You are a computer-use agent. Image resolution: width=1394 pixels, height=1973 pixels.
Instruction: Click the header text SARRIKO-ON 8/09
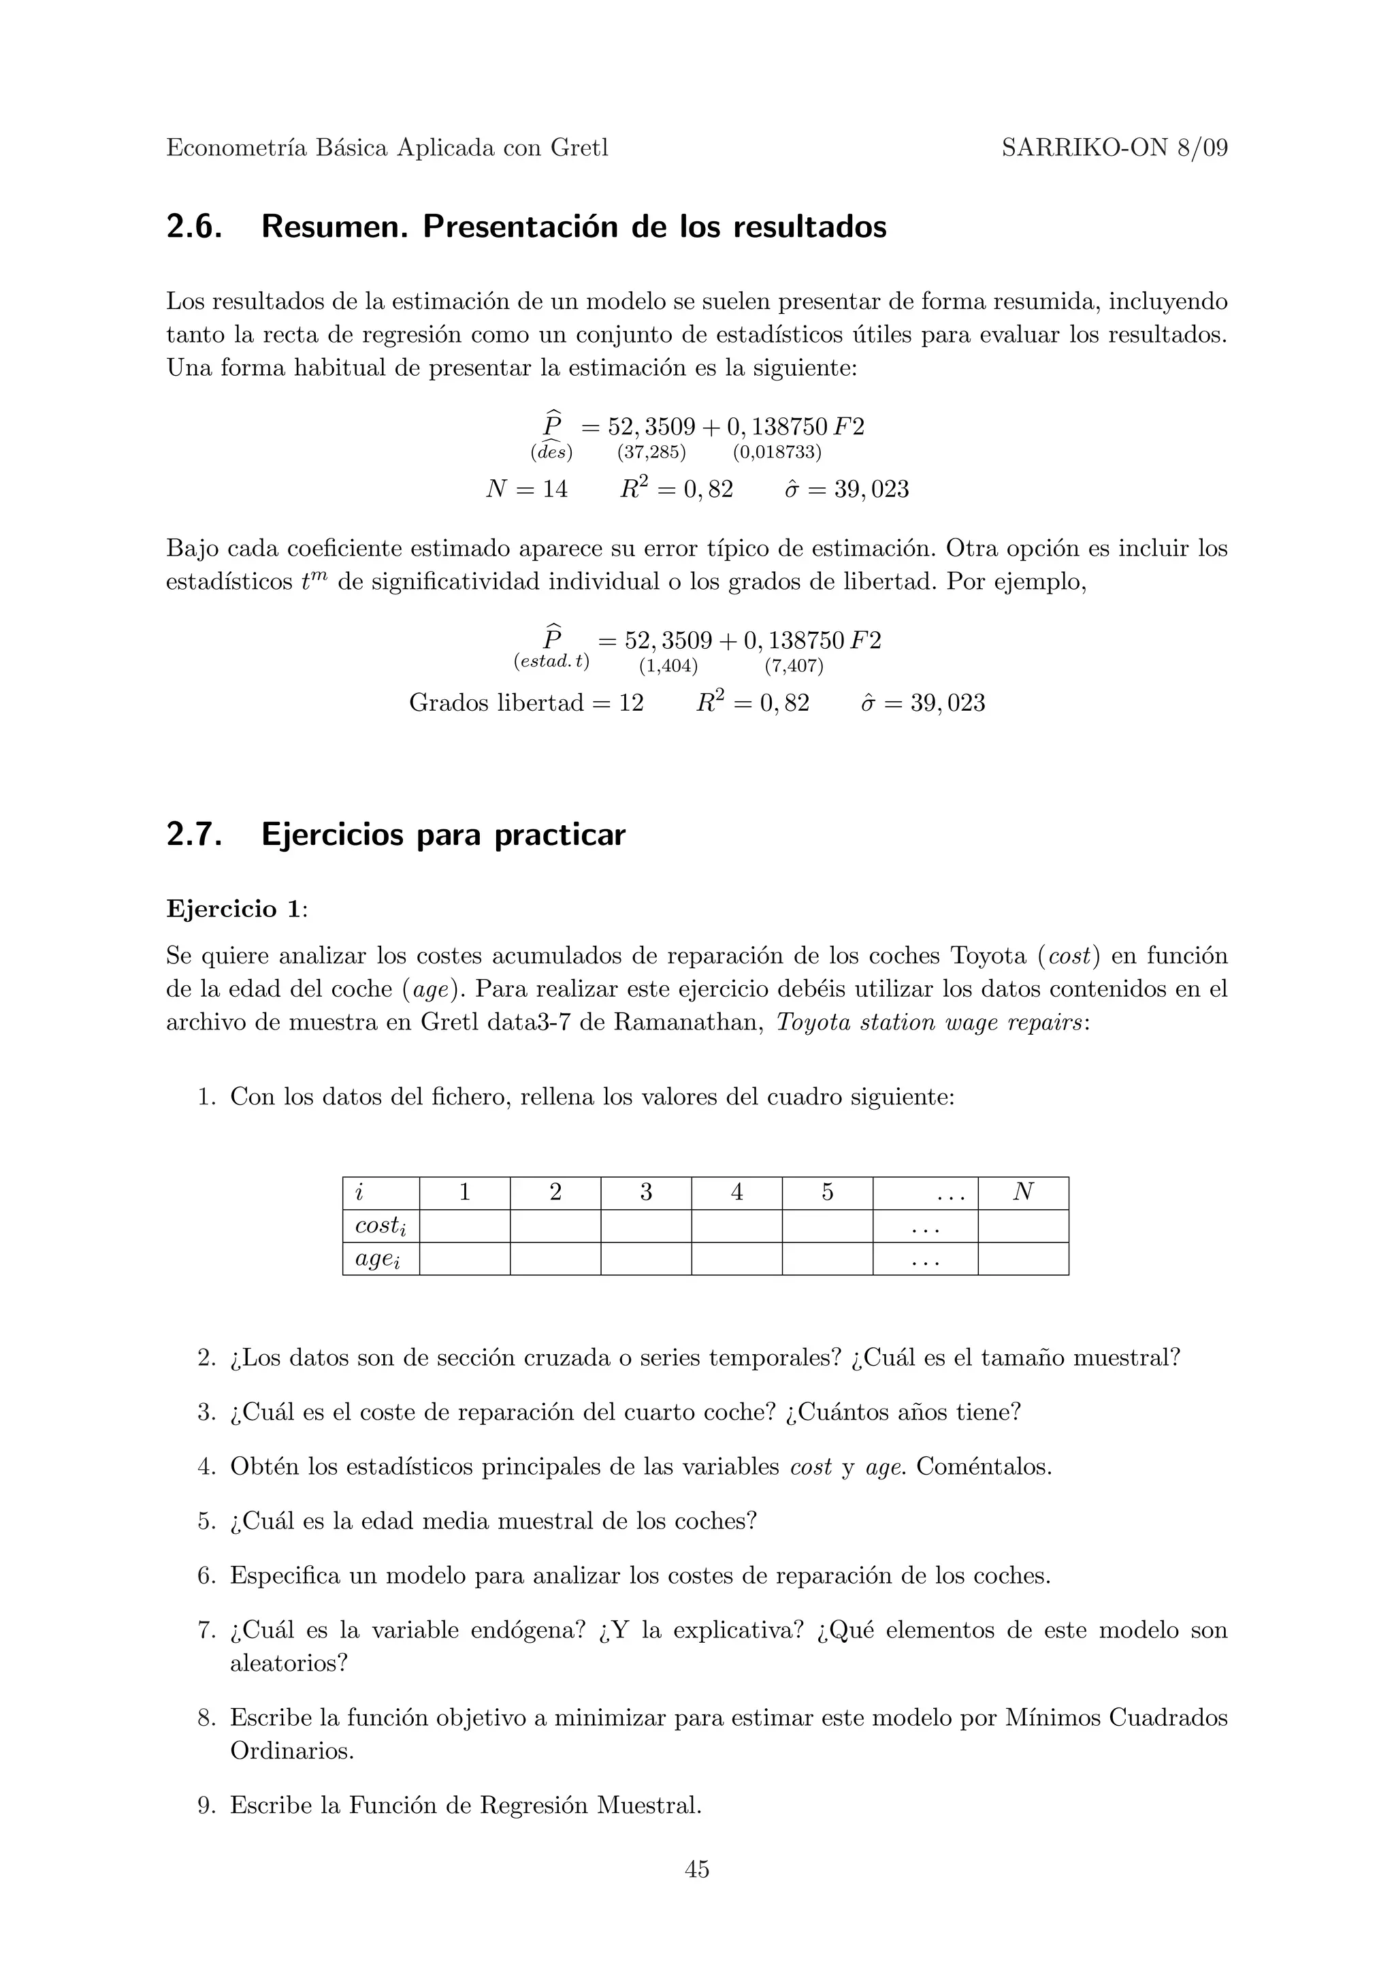(1114, 148)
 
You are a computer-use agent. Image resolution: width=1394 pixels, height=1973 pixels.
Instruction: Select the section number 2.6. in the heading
(194, 227)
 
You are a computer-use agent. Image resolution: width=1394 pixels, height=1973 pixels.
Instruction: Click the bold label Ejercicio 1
(233, 908)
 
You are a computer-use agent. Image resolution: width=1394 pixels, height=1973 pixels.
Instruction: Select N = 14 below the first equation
(527, 490)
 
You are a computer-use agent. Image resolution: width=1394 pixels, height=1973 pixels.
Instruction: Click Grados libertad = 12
(525, 703)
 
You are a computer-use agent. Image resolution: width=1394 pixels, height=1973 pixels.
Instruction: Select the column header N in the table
(1022, 1192)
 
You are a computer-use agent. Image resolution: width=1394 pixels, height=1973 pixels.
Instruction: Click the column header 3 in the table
(645, 1193)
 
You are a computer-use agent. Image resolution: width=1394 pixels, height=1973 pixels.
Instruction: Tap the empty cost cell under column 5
(826, 1225)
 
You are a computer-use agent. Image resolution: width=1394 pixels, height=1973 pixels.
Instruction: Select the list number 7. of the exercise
(206, 1630)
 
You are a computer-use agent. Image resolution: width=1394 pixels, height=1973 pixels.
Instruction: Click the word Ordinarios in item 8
(291, 1750)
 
